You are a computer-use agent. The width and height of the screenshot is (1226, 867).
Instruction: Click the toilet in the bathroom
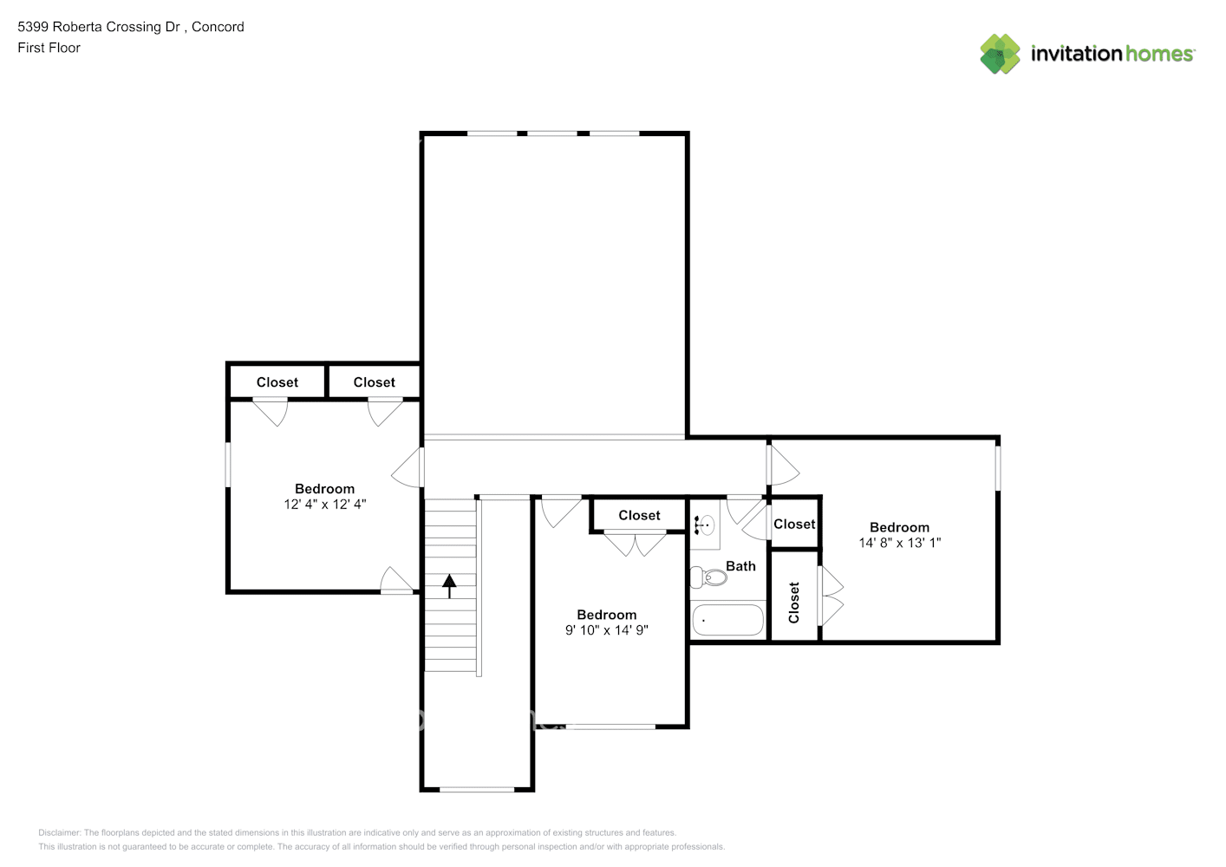point(708,577)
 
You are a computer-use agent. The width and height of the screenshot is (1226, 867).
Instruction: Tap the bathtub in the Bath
point(728,620)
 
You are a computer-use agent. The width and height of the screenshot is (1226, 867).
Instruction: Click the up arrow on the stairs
point(449,586)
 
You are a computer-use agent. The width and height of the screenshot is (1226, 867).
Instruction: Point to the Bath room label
point(740,566)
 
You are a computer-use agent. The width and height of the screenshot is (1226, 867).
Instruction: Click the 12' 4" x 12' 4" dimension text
point(324,504)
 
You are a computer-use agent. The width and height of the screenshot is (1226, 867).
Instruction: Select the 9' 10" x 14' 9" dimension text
point(606,630)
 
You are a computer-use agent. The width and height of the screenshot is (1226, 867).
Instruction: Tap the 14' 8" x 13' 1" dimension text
point(900,543)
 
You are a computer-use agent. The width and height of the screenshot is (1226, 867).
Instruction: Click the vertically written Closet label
point(793,602)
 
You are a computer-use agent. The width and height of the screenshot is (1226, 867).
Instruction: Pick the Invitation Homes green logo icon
point(1000,54)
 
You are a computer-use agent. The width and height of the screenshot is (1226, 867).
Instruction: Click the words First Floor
point(49,48)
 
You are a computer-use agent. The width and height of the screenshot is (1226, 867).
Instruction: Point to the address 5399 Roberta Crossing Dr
point(99,27)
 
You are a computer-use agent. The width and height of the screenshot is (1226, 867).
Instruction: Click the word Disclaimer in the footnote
point(59,832)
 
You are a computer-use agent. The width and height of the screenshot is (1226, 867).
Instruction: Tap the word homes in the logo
point(1159,54)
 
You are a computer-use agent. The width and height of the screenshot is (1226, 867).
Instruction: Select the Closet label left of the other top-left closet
point(277,382)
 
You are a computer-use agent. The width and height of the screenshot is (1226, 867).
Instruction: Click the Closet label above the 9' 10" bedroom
point(639,515)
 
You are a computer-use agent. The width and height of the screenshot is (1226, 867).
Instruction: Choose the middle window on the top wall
point(552,134)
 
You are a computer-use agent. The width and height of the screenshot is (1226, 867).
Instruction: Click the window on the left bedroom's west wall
point(228,465)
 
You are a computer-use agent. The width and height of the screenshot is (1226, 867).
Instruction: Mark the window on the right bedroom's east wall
point(998,468)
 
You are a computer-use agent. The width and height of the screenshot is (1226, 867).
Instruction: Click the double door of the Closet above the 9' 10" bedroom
point(635,543)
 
